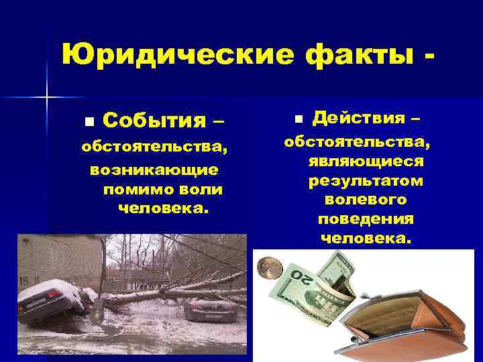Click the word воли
click(x=199, y=190)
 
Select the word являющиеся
click(x=366, y=162)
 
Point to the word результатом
click(x=366, y=181)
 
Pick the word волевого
click(x=366, y=200)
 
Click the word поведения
click(x=366, y=219)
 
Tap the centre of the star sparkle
click(x=47, y=98)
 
